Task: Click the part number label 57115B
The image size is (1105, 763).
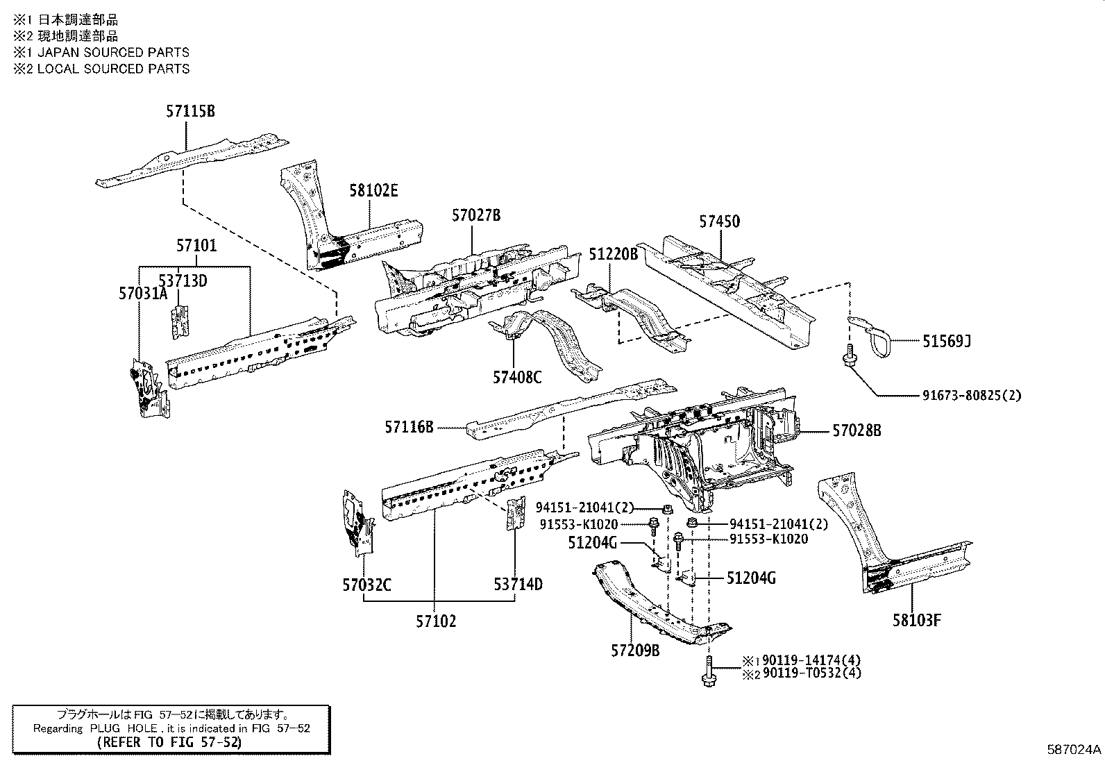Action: [189, 111]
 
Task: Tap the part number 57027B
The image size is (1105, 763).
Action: [475, 215]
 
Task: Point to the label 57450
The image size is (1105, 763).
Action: [719, 221]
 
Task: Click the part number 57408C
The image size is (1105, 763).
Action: [517, 378]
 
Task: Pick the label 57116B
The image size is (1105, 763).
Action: [409, 428]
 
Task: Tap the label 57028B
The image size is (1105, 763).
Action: [857, 431]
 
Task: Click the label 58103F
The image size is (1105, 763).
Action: [916, 620]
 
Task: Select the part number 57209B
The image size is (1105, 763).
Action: [635, 651]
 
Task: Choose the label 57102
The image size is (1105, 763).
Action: [436, 621]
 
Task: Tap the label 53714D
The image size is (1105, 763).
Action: [518, 585]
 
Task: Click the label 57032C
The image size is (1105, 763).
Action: [366, 585]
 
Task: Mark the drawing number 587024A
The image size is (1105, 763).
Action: [1074, 750]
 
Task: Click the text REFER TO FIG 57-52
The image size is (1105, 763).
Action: [170, 741]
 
